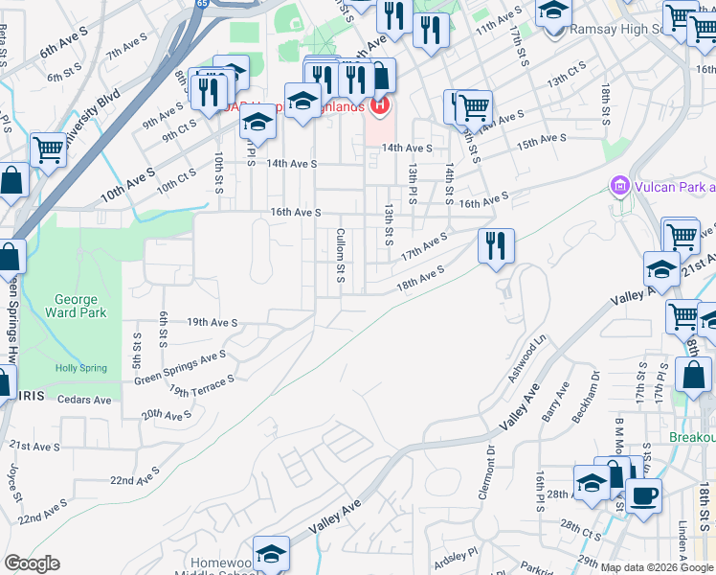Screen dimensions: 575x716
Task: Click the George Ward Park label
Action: click(x=75, y=306)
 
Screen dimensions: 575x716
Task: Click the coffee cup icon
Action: click(x=643, y=496)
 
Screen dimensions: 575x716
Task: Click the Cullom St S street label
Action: click(x=340, y=255)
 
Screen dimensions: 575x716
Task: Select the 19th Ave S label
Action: click(x=212, y=323)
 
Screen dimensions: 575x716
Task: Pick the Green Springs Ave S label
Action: click(x=180, y=367)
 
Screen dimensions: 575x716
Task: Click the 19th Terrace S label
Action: click(x=202, y=385)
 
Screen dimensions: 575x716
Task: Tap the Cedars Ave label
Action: click(x=85, y=399)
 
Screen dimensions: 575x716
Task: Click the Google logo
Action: click(x=32, y=563)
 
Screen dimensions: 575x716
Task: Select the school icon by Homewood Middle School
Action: click(x=272, y=555)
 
